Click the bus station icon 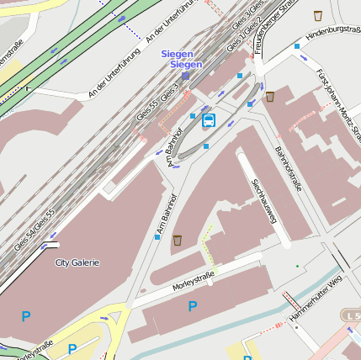(x=209, y=120)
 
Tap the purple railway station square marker (x=185, y=76)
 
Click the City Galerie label (x=77, y=262)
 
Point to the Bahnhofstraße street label (x=288, y=168)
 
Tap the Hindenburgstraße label (x=333, y=31)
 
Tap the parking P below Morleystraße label (x=193, y=307)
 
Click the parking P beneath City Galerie (x=26, y=317)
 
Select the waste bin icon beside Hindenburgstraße (x=318, y=15)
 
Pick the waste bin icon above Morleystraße (x=178, y=241)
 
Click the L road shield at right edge (x=351, y=315)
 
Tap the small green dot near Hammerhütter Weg (x=297, y=266)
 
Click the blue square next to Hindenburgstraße (x=296, y=45)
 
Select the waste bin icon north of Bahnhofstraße (x=269, y=97)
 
